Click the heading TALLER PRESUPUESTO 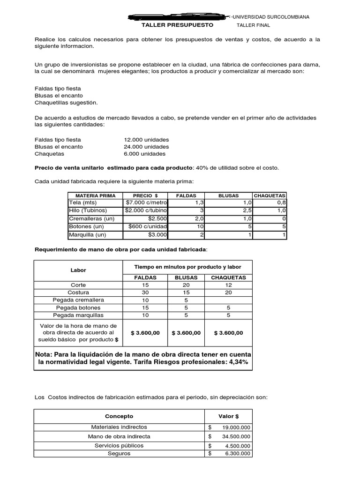coord(177,25)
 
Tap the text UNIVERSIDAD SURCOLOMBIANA coord(272,17)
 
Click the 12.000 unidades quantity coord(146,140)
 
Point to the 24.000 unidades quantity coord(146,147)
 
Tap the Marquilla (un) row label coord(88,234)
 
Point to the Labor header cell coord(78,270)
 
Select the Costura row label coord(78,292)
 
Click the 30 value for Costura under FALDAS coord(145,292)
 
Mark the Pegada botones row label coord(78,307)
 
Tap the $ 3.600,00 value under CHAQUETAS coord(228,333)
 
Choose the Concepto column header coord(119,416)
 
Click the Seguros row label coord(119,453)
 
